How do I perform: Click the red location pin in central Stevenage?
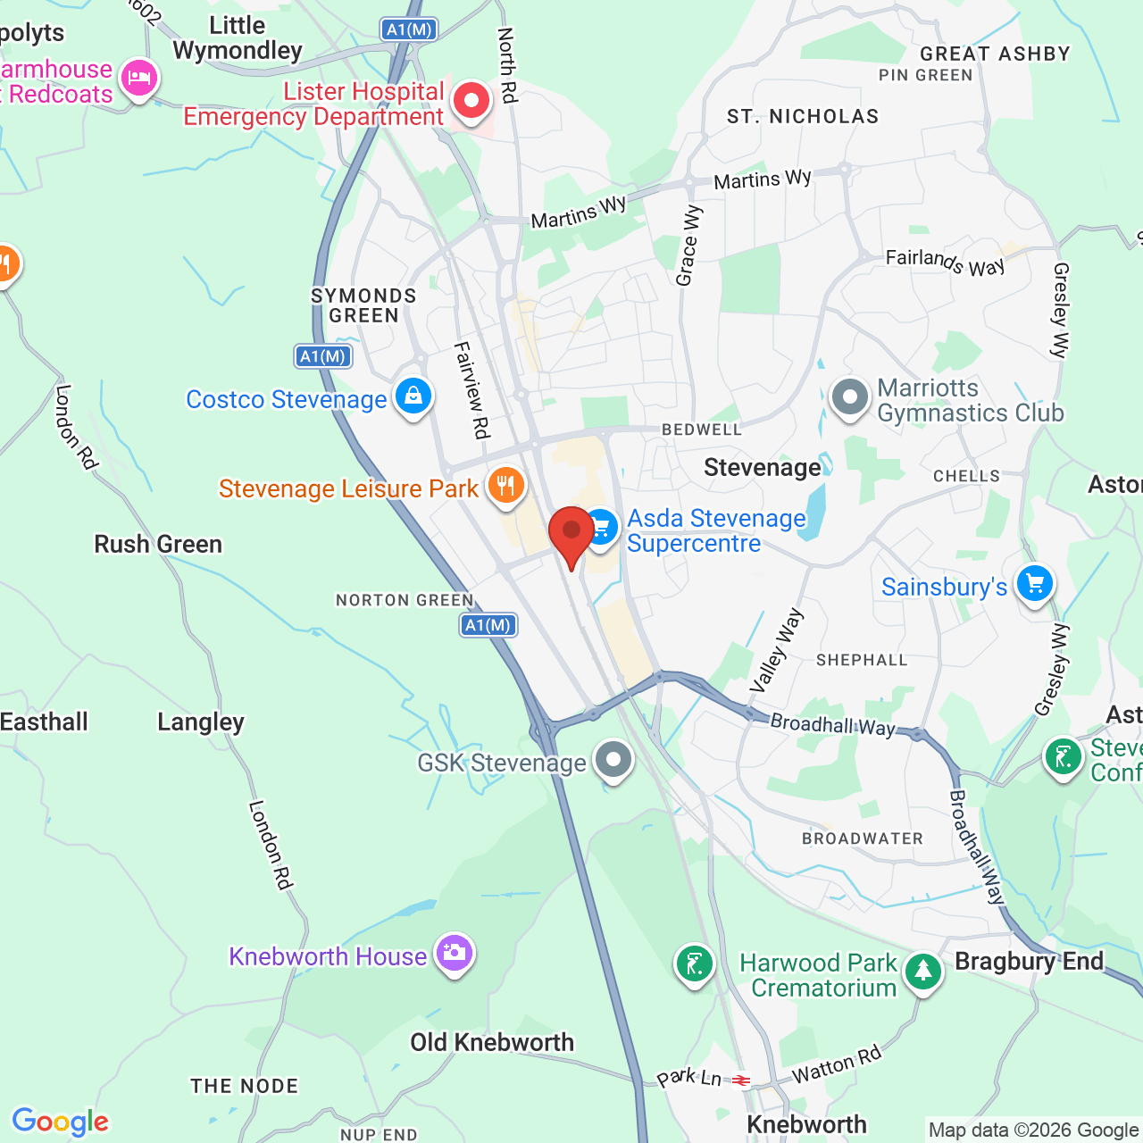point(571,532)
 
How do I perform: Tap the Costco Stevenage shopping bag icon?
point(413,395)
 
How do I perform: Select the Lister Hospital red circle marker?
point(471,100)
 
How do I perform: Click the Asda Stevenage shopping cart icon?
point(601,526)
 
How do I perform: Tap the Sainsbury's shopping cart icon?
point(1034,584)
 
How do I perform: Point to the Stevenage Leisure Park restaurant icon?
point(505,486)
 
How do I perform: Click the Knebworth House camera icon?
point(454,953)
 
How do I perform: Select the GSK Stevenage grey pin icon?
point(613,760)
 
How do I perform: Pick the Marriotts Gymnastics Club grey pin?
point(849,397)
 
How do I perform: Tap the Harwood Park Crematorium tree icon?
point(922,971)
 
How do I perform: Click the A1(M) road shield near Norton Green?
point(488,625)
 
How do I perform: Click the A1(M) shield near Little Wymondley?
point(409,29)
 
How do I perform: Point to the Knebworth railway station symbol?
point(741,1080)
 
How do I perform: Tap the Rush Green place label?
point(158,544)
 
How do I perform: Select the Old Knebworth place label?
point(492,1042)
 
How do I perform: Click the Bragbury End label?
point(1029,961)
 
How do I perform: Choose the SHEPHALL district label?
point(862,660)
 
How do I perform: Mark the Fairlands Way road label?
point(945,262)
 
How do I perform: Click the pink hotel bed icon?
point(138,78)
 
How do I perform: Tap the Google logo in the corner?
point(60,1122)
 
